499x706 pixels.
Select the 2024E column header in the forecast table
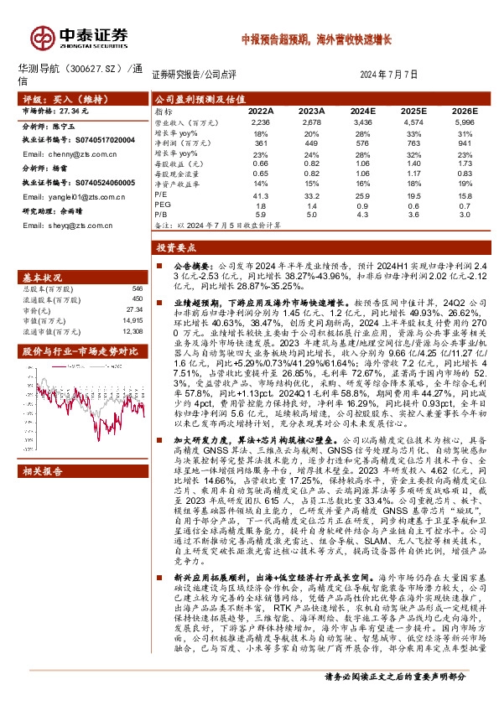click(362, 111)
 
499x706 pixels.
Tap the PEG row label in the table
click(163, 204)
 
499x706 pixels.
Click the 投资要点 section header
click(175, 248)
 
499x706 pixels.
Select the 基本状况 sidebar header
click(42, 277)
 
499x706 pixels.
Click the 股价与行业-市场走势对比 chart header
click(75, 350)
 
